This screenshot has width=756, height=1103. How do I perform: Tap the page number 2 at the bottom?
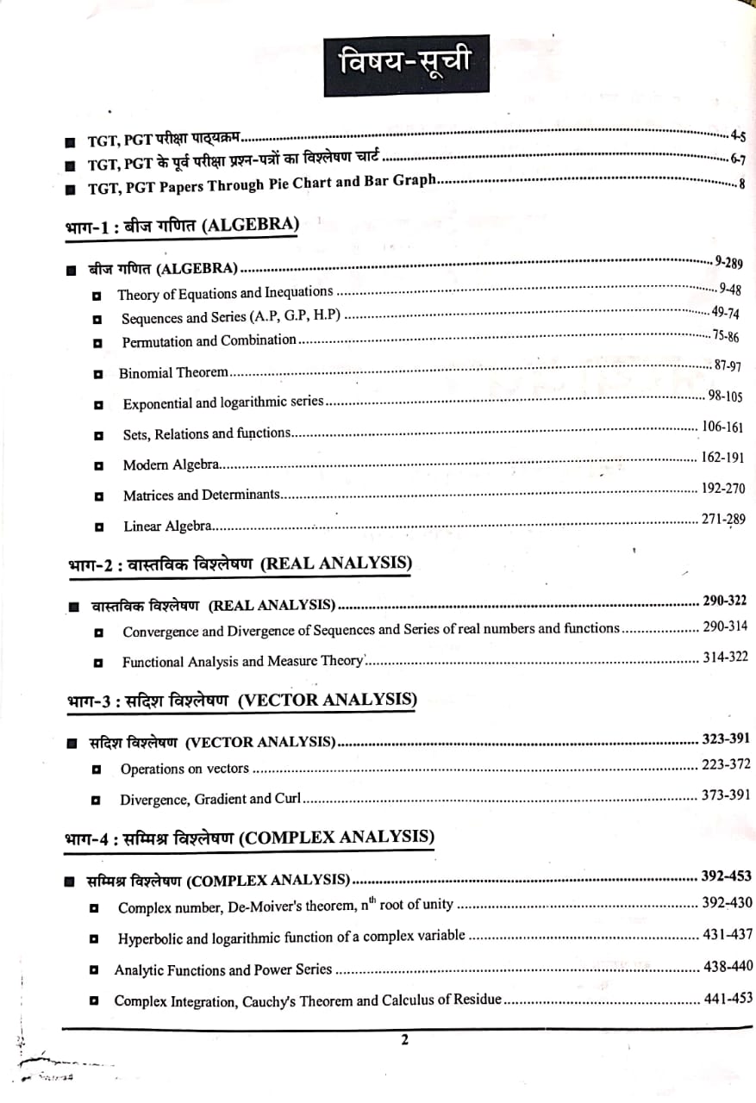coord(404,1040)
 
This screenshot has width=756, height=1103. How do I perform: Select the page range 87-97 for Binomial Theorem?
coord(728,366)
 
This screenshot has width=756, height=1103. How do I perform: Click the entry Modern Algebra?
coord(172,465)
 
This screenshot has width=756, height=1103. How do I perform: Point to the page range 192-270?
coord(722,489)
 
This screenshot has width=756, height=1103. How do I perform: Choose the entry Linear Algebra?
coord(167,526)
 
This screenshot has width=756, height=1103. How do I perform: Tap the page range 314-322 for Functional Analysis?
coord(724,657)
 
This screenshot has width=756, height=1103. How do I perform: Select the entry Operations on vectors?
coord(184,769)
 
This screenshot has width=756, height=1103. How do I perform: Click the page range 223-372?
coord(725,764)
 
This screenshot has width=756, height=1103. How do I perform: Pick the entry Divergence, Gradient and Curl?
coord(209,799)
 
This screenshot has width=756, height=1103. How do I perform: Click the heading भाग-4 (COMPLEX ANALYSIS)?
coord(249,837)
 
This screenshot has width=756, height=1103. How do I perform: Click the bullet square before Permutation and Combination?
coord(98,343)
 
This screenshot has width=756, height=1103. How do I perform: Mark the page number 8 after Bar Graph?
coord(741,184)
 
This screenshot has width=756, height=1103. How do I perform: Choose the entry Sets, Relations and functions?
coord(207,434)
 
